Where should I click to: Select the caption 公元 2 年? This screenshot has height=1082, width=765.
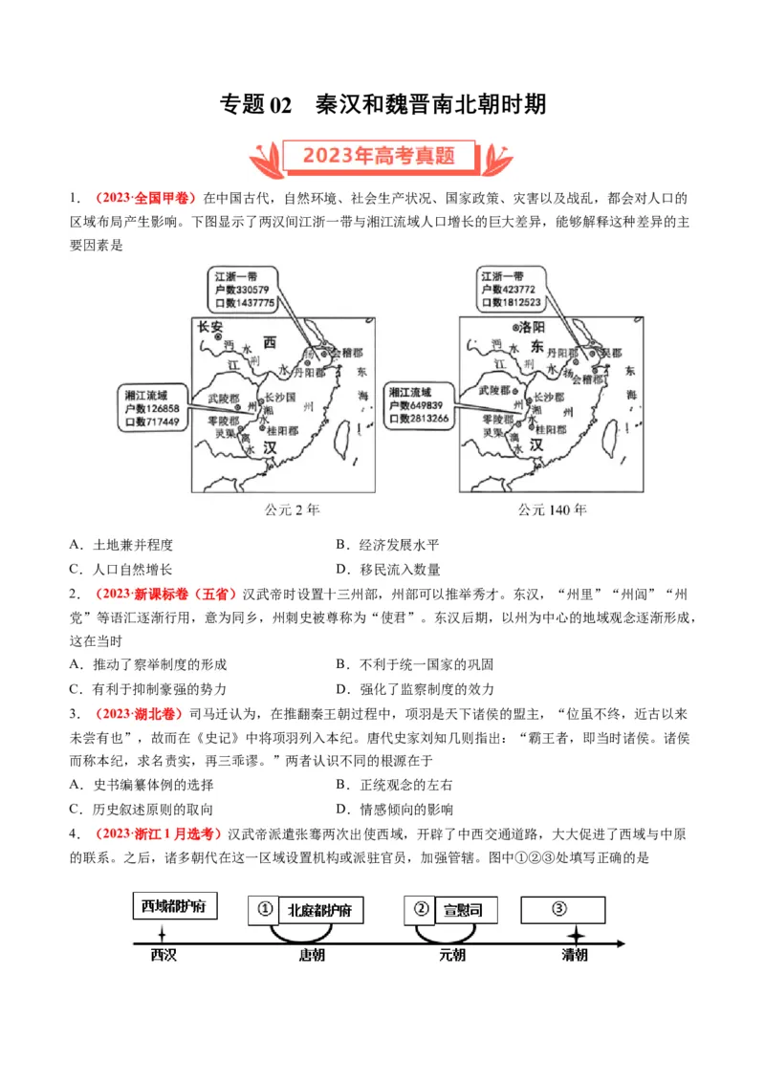click(292, 510)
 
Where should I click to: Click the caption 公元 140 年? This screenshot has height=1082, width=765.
click(552, 510)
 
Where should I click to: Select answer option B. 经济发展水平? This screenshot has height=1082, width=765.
click(387, 545)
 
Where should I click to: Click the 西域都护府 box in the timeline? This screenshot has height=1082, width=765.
click(173, 906)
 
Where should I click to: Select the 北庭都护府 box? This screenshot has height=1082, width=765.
click(319, 911)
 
